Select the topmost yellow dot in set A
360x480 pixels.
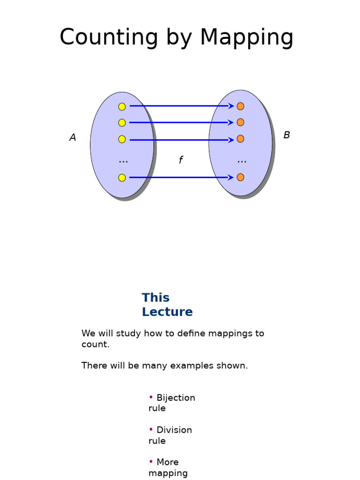(122, 106)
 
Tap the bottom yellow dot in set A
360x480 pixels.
(122, 178)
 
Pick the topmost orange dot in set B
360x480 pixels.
(240, 106)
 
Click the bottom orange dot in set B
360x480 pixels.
(240, 177)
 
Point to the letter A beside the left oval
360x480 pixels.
(73, 138)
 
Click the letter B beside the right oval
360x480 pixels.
(286, 135)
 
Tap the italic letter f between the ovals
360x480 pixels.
(180, 160)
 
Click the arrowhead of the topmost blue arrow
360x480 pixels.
(231, 106)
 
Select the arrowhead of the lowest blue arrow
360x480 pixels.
(231, 177)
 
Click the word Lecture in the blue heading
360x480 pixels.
(167, 312)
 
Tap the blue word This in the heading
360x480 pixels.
(156, 298)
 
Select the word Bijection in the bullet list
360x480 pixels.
(176, 398)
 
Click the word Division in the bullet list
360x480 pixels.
(174, 430)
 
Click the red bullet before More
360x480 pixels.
(151, 462)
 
